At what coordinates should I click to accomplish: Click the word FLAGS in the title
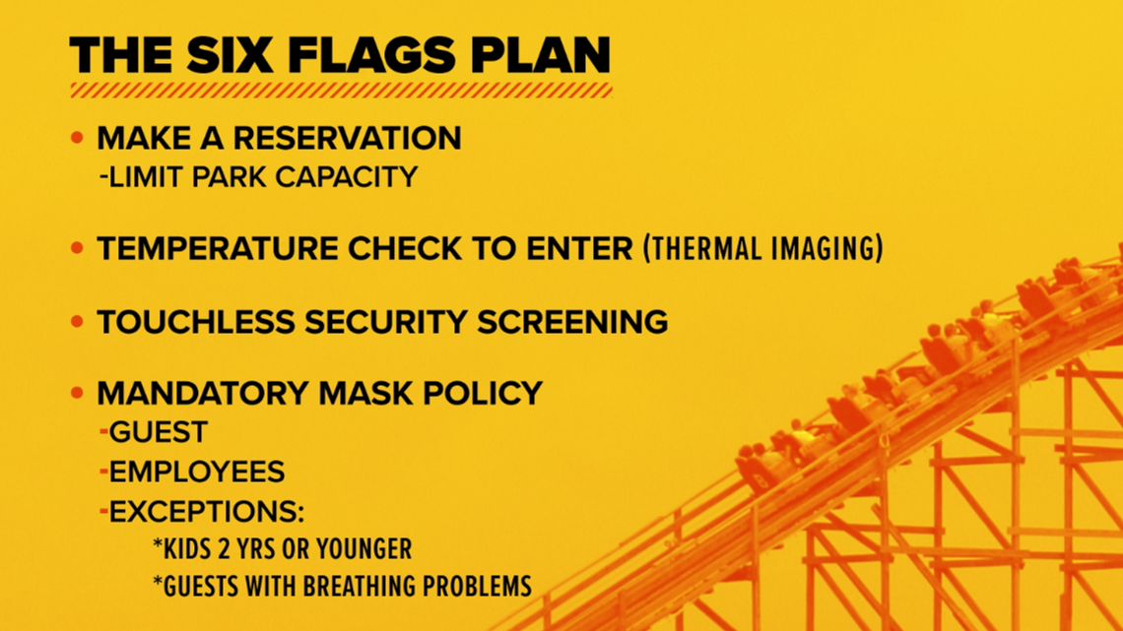click(371, 56)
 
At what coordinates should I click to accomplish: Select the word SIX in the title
click(230, 56)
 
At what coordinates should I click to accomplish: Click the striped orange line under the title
click(341, 91)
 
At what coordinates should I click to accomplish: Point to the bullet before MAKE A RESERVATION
click(78, 138)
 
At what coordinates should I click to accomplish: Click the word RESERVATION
click(348, 138)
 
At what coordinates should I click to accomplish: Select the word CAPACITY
click(347, 177)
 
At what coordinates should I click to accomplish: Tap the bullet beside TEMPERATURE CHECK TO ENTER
click(78, 248)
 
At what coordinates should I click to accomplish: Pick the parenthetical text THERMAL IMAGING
click(762, 248)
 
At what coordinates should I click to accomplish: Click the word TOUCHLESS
click(195, 322)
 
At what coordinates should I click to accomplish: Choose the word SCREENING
click(572, 322)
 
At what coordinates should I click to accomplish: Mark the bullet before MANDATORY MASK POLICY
click(78, 393)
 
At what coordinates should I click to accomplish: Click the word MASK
click(366, 394)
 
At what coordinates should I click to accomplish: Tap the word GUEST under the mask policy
click(159, 432)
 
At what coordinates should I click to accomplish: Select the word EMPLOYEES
click(197, 472)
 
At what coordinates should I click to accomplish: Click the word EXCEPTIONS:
click(207, 512)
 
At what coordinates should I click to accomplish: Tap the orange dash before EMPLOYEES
click(103, 472)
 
